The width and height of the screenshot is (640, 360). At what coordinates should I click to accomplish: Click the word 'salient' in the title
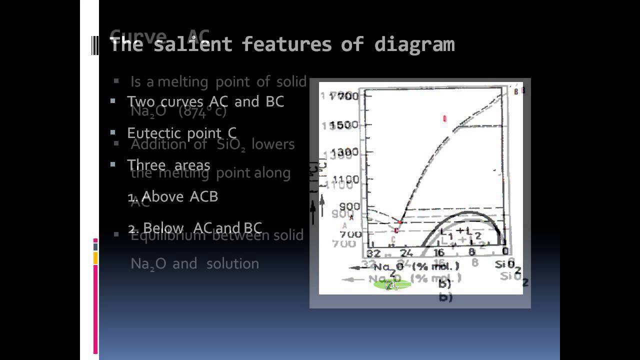pyautogui.click(x=192, y=44)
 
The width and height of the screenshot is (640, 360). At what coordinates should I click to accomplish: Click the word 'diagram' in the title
pyautogui.click(x=414, y=44)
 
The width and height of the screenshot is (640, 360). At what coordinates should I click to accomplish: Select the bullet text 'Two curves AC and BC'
pyautogui.click(x=205, y=101)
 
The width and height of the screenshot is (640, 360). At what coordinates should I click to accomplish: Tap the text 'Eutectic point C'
pyautogui.click(x=181, y=133)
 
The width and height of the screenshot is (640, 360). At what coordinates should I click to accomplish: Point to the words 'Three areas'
pyautogui.click(x=168, y=165)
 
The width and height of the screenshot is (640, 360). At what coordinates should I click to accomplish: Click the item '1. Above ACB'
pyautogui.click(x=173, y=196)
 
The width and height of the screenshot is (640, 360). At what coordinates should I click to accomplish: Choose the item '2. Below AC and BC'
pyautogui.click(x=195, y=228)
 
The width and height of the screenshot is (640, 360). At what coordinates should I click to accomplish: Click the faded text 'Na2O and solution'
pyautogui.click(x=194, y=263)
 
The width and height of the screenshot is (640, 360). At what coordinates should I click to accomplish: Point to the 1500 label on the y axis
pyautogui.click(x=346, y=124)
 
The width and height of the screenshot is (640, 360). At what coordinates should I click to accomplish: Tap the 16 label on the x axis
pyautogui.click(x=439, y=252)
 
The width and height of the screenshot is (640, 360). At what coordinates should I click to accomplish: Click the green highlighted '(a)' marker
pyautogui.click(x=392, y=285)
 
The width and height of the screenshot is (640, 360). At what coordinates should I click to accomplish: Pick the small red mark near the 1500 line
pyautogui.click(x=444, y=118)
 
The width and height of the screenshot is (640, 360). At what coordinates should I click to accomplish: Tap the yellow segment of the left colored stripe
pyautogui.click(x=95, y=258)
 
